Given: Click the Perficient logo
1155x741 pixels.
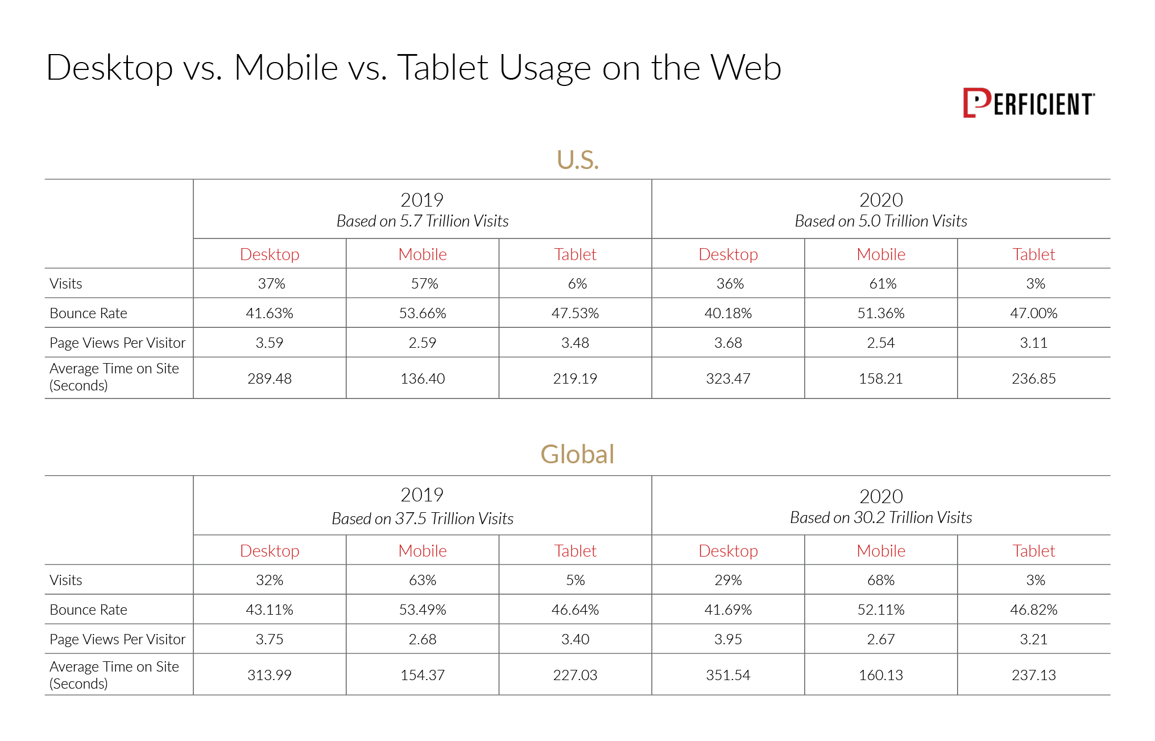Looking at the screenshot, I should pyautogui.click(x=1028, y=103).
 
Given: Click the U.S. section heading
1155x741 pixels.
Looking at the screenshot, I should pyautogui.click(x=577, y=160).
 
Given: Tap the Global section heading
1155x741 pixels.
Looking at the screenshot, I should pyautogui.click(x=577, y=454).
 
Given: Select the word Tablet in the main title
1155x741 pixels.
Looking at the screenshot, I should pyautogui.click(x=442, y=68).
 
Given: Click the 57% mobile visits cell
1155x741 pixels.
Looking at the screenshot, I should pyautogui.click(x=424, y=283).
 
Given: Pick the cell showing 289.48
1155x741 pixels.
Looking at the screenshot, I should pyautogui.click(x=270, y=378).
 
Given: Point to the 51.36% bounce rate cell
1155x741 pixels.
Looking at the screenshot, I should pyautogui.click(x=881, y=313).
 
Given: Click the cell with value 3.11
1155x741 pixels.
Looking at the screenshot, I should pyautogui.click(x=1033, y=343).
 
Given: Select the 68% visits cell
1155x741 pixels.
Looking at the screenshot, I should pyautogui.click(x=881, y=580).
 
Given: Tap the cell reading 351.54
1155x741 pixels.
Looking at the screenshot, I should pyautogui.click(x=728, y=675).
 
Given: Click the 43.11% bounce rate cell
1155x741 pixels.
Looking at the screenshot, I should pyautogui.click(x=270, y=610).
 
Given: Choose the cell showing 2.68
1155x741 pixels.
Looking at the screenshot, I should pyautogui.click(x=423, y=639).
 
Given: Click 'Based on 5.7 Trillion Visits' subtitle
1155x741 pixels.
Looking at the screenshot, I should pyautogui.click(x=423, y=221).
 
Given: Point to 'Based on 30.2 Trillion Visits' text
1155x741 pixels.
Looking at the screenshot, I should pyautogui.click(x=881, y=517).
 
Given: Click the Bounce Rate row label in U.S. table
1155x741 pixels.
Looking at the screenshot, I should pyautogui.click(x=88, y=313).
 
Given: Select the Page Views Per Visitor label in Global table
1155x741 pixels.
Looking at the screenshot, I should pyautogui.click(x=117, y=639).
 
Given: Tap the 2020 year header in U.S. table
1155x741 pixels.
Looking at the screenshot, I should pyautogui.click(x=881, y=200).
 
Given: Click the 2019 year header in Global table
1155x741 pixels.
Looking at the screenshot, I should pyautogui.click(x=422, y=495).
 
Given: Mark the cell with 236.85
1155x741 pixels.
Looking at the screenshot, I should pyautogui.click(x=1033, y=378).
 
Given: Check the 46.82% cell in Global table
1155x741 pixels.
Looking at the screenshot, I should pyautogui.click(x=1033, y=610).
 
